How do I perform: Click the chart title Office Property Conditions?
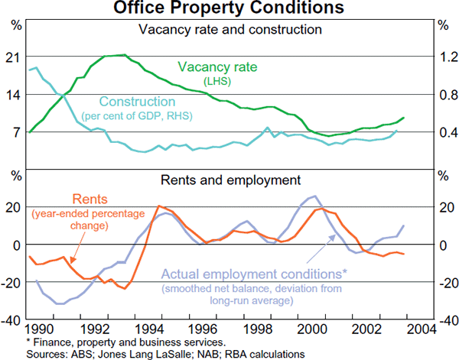(x=229, y=8)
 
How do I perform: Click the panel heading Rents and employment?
(x=229, y=181)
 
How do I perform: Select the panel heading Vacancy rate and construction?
(x=229, y=31)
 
